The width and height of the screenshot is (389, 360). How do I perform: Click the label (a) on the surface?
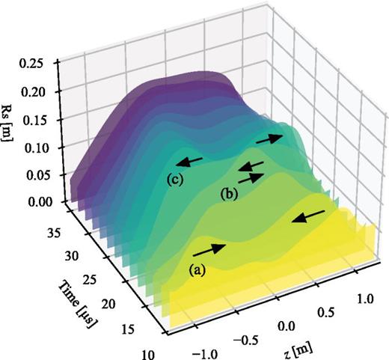pyautogui.click(x=198, y=272)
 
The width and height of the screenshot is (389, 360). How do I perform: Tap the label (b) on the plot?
pyautogui.click(x=230, y=194)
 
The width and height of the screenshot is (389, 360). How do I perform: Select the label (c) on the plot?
pyautogui.click(x=175, y=179)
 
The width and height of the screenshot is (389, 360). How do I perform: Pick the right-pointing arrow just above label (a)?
pyautogui.click(x=211, y=248)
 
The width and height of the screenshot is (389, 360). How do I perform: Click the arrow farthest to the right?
pyautogui.click(x=308, y=217)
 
